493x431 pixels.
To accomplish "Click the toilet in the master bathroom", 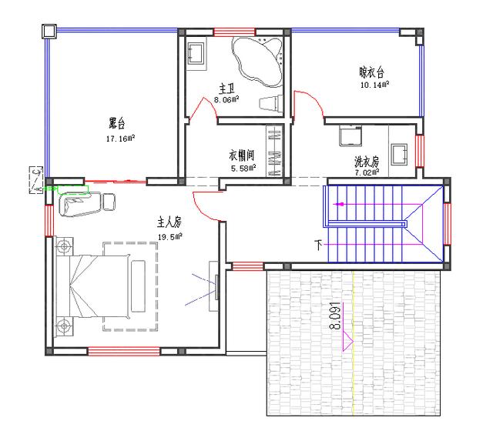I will [x=271, y=103].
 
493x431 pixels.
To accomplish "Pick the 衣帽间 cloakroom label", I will [x=242, y=152].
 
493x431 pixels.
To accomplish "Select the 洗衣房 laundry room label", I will [x=367, y=162].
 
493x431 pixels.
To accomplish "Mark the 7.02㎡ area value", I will [x=367, y=174].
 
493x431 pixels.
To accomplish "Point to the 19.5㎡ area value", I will [x=169, y=236].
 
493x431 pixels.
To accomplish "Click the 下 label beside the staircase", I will [x=318, y=246].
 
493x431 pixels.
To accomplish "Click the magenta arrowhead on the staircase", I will [x=337, y=205].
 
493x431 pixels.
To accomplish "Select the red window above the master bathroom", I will [x=234, y=32].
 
